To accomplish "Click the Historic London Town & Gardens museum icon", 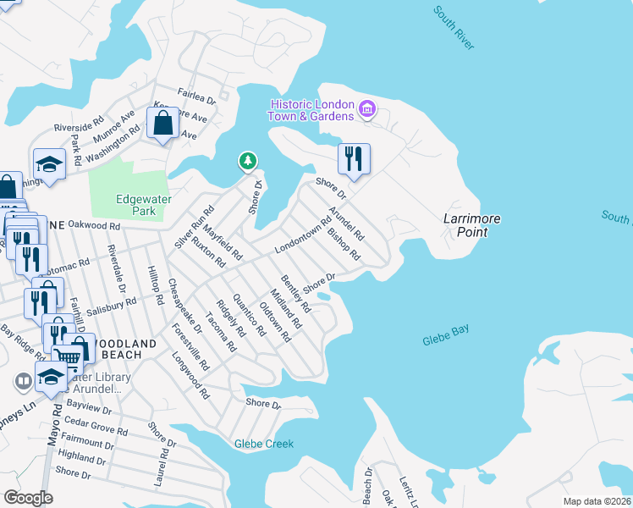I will [367, 108].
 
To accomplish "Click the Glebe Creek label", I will [264, 444].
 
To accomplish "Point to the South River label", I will [454, 28].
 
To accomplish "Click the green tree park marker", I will [247, 160].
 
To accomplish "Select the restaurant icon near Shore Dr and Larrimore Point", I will [354, 158].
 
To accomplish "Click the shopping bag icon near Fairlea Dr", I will [162, 124].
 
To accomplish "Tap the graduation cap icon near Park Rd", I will [49, 164].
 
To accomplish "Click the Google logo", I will [27, 497].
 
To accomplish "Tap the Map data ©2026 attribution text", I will [597, 501].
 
